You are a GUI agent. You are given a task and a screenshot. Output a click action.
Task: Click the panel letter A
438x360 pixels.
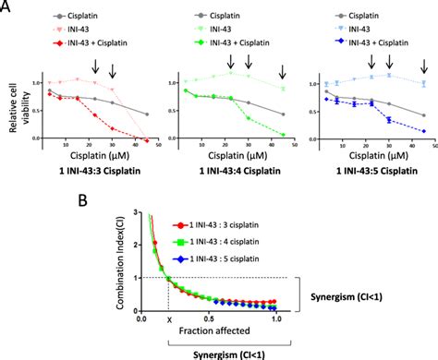click(7, 8)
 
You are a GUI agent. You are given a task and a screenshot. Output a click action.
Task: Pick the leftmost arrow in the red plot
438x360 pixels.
click(95, 65)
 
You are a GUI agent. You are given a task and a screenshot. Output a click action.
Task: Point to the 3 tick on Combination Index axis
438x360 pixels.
click(128, 213)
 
